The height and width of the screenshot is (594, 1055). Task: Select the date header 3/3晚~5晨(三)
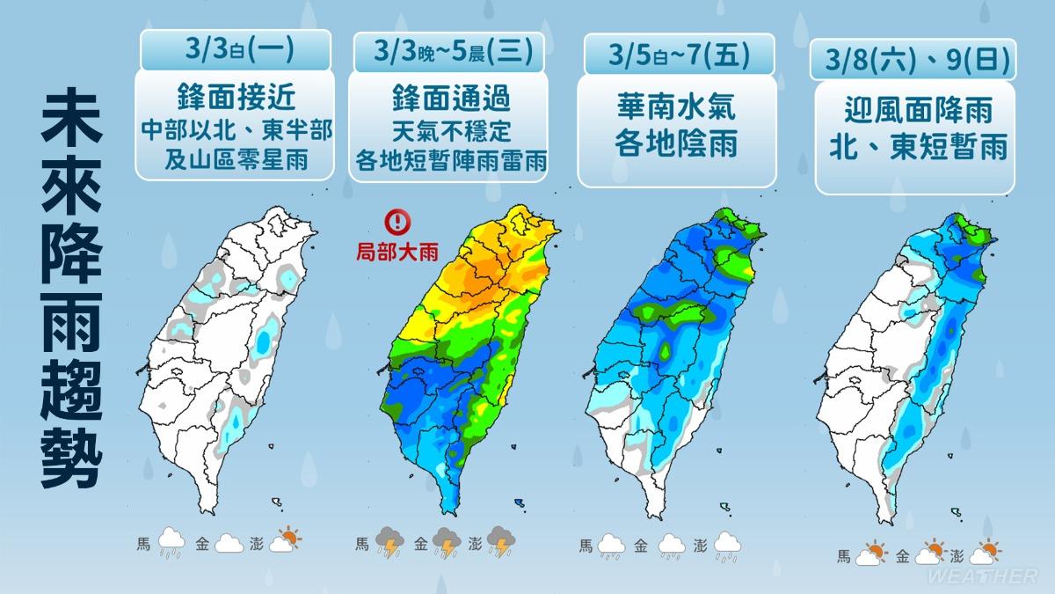coord(446,52)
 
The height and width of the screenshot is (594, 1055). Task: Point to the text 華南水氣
coord(678,108)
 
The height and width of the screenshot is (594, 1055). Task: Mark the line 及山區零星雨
coord(235,160)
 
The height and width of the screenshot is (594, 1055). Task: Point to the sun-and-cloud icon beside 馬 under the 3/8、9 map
coord(869,554)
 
